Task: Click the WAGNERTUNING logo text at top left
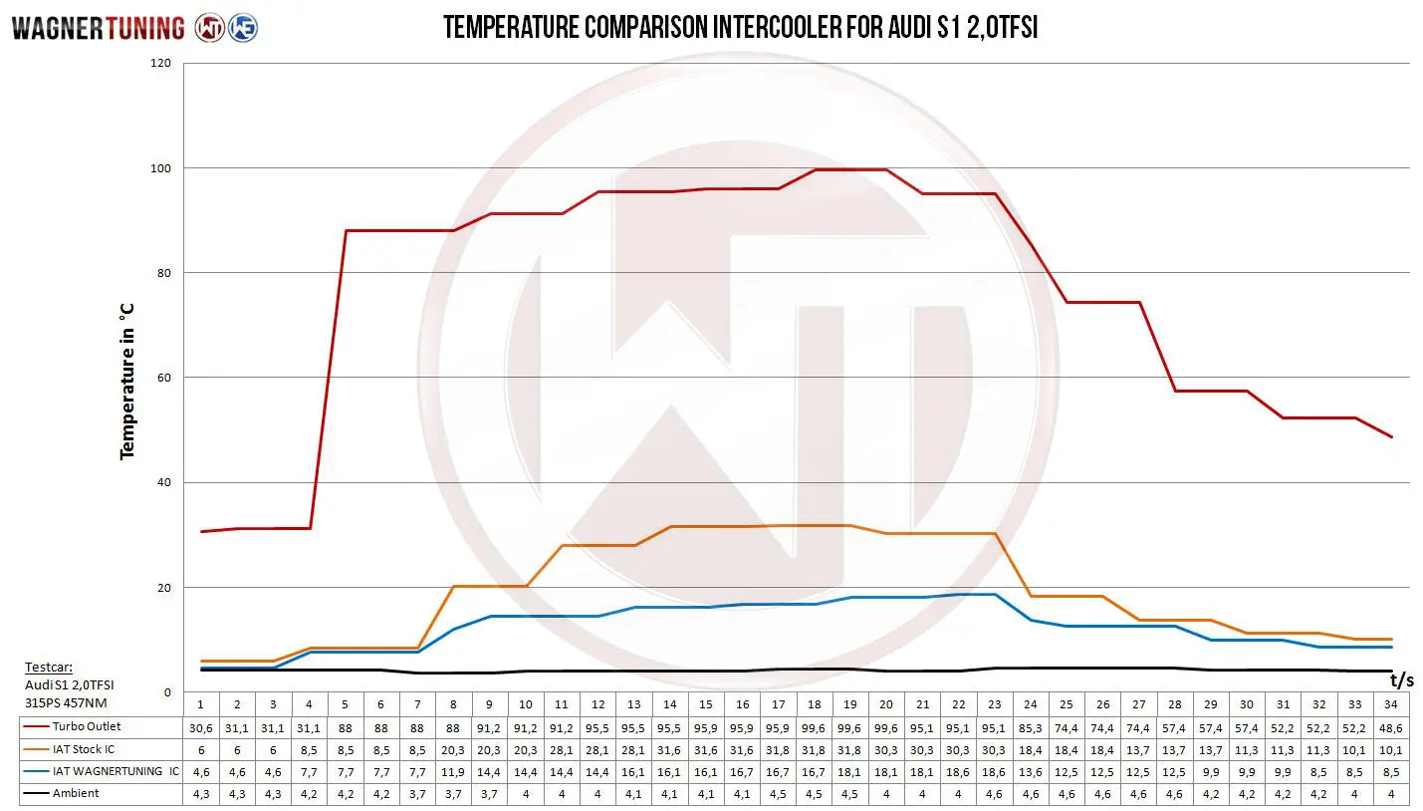[98, 28]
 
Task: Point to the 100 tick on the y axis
[160, 168]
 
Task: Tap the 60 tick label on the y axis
[163, 378]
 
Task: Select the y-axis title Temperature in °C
[126, 381]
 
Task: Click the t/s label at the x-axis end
[1401, 680]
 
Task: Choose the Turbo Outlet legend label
[87, 726]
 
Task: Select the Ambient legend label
[76, 793]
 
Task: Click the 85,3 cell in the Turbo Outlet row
[1031, 727]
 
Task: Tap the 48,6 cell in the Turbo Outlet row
[1392, 727]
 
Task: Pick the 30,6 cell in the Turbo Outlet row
[200, 727]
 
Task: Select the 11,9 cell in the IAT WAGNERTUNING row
[453, 771]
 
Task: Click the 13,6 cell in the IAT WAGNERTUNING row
[1031, 771]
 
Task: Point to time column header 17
[779, 704]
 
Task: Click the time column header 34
[1392, 704]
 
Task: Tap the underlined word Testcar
[49, 668]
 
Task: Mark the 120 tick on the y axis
[160, 64]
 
